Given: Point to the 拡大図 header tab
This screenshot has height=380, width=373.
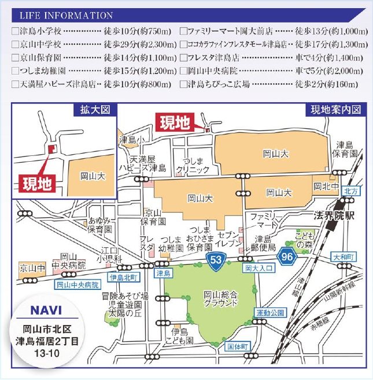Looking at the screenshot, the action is click(x=91, y=109).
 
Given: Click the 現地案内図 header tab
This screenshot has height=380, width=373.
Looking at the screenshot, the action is click(x=335, y=109).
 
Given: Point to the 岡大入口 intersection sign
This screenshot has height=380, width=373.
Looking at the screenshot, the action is click(x=255, y=268).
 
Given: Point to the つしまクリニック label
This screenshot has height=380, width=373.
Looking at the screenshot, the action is click(x=193, y=166).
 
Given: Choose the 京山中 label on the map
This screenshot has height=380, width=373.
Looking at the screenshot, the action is click(x=32, y=269).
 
